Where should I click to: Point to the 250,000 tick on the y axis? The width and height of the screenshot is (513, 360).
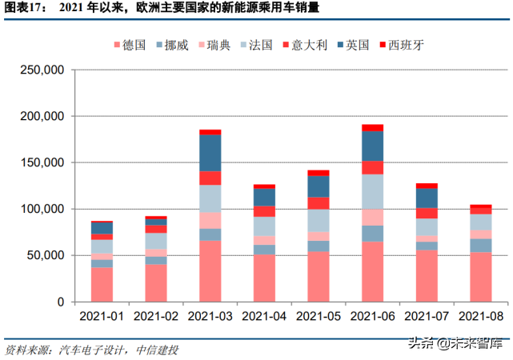tap(42, 70)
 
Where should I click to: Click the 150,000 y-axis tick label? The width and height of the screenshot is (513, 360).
tap(42, 163)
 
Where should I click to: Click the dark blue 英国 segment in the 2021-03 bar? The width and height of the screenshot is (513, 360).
tap(210, 153)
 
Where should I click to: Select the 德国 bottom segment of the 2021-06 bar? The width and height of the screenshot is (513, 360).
tap(373, 271)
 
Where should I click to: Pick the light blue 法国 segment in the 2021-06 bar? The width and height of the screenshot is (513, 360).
tap(373, 192)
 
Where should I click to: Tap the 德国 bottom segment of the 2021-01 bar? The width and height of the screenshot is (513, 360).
tap(102, 284)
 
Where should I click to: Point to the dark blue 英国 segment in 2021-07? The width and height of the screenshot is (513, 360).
tap(427, 198)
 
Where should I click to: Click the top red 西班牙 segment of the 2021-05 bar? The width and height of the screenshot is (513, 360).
tap(319, 173)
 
